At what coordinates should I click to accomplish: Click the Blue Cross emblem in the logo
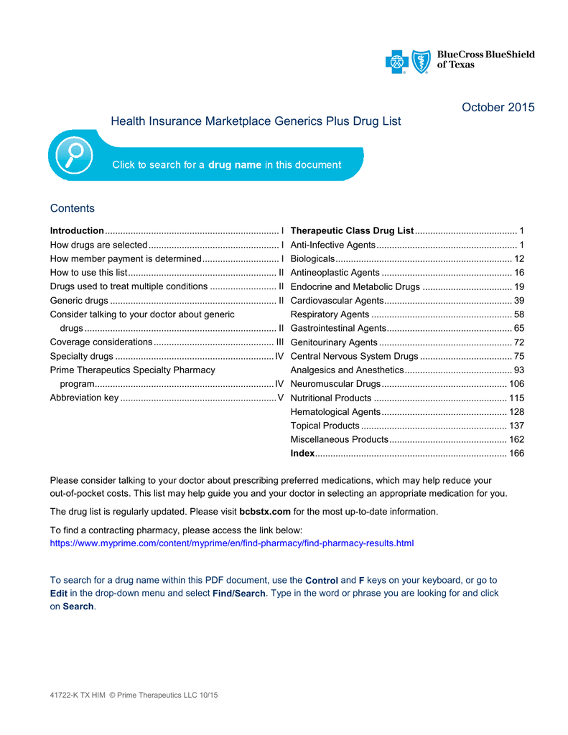tap(396, 62)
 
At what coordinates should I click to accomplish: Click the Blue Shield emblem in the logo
tap(422, 62)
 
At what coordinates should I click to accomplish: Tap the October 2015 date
tap(498, 108)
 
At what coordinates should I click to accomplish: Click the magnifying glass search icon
tap(72, 154)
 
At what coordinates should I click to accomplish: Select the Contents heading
tap(72, 209)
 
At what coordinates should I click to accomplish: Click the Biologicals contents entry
tap(312, 258)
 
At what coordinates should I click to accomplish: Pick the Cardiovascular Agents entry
tap(337, 300)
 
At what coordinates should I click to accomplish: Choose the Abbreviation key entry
tap(84, 398)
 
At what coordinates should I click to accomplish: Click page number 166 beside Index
tap(516, 454)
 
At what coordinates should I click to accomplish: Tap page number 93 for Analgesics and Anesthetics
tap(518, 370)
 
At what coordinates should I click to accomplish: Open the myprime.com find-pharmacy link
tap(231, 543)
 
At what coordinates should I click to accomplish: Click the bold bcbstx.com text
tap(264, 512)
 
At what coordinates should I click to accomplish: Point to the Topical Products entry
tap(325, 426)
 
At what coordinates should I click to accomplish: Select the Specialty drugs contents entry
tap(81, 356)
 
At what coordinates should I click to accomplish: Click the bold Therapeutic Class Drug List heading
tap(352, 231)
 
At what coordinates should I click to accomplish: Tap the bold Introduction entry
tap(77, 231)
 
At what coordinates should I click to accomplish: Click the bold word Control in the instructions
tap(321, 580)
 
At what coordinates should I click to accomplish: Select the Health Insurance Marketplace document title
tap(256, 122)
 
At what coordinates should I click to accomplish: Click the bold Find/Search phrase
tap(239, 594)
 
